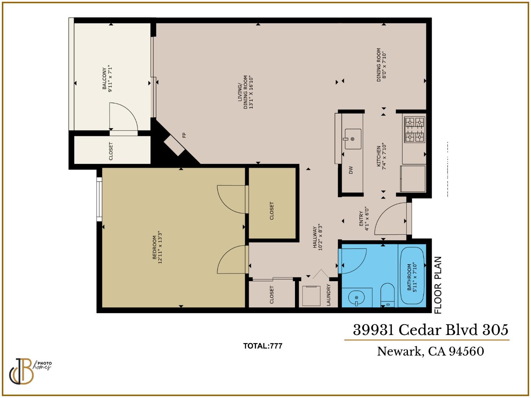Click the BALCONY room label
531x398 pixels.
coord(107,79)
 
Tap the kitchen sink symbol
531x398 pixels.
coord(353,139)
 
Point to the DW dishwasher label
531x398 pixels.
coord(351,170)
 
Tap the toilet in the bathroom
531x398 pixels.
coord(388,295)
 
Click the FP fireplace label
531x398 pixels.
coord(184,135)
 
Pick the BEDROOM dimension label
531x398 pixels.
coord(157,250)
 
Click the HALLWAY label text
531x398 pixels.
coord(318,238)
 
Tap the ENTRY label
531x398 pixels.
coord(364,219)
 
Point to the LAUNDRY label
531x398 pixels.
coord(328,295)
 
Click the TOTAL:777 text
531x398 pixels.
coord(263,346)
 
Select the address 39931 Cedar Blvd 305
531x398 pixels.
coord(430,329)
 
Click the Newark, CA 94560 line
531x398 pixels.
coord(430,351)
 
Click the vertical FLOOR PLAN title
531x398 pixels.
coord(438,285)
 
